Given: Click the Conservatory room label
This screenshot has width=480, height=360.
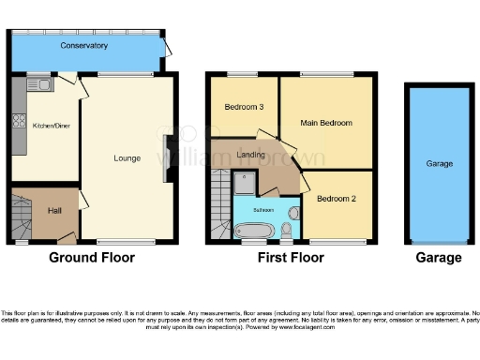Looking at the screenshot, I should coord(84,46).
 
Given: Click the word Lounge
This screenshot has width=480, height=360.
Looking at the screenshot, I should coord(127,158).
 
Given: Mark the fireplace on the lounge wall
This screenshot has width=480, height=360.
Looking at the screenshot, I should coord(167,151).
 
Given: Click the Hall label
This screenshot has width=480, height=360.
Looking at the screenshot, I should coord(55,210).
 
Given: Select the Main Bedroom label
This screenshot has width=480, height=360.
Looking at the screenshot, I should coord(326,123).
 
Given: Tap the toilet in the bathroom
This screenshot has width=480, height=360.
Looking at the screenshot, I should coord(287,228).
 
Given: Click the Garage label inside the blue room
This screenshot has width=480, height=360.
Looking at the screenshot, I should coord(440,164).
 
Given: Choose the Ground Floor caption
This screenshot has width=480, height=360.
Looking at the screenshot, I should coord(91,258).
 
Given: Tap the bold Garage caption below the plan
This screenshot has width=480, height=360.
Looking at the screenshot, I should coord(439,258).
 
